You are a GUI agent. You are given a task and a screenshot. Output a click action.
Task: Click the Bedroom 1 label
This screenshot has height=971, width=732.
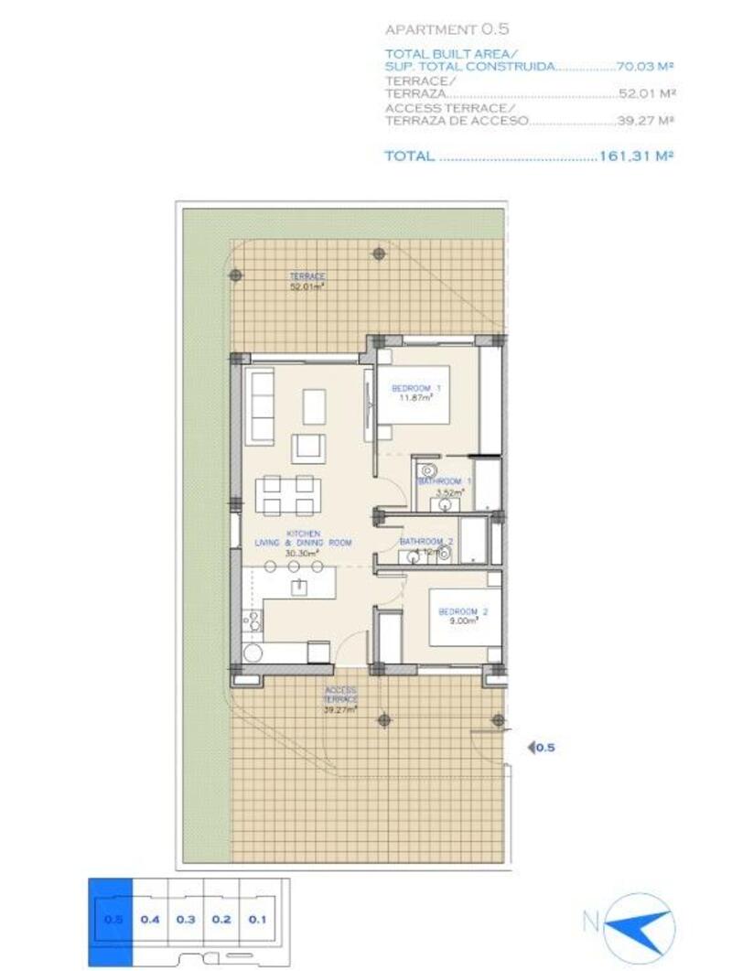coord(416,391)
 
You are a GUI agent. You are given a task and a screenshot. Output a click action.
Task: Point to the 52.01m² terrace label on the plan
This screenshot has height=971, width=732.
coord(307,281)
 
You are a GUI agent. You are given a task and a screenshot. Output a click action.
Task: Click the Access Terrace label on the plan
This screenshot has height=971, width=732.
coord(339,699)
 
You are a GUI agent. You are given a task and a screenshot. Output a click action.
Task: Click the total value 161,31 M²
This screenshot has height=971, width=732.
coord(636,156)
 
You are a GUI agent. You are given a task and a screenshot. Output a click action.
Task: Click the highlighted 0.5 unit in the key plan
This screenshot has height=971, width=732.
coord(111,919)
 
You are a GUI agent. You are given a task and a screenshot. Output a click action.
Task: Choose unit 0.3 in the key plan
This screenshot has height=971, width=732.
coord(187,919)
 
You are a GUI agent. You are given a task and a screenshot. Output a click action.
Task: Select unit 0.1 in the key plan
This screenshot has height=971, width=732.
coord(257,919)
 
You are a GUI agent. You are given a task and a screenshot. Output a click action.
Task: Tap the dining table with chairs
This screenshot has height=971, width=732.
coord(285,494)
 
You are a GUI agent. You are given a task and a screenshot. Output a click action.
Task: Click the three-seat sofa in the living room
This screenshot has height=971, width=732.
coord(261,405)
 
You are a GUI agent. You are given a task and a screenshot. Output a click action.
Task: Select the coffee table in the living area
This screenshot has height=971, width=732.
coord(314,406)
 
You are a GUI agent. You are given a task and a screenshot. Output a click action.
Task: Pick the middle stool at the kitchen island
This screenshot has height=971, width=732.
coord(296,567)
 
